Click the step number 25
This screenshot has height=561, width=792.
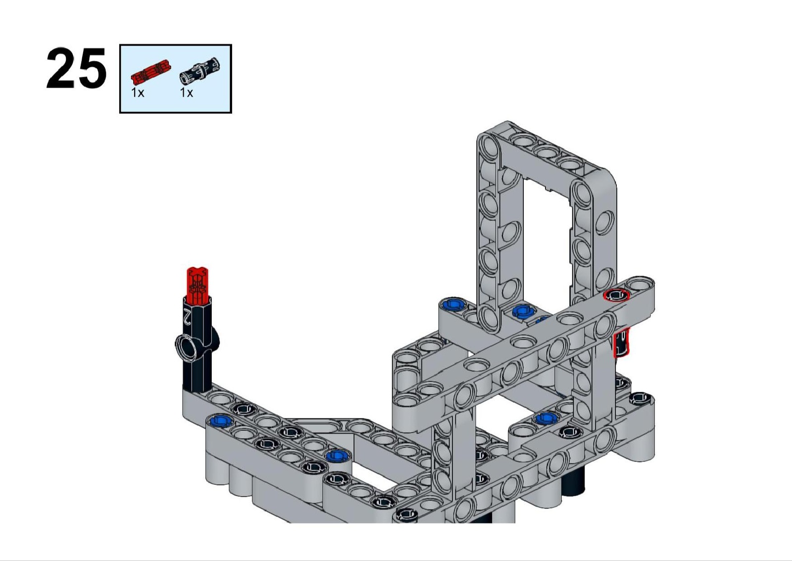76,68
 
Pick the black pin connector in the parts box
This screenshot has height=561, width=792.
200,71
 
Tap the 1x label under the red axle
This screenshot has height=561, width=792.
138,93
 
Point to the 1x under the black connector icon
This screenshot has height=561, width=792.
186,93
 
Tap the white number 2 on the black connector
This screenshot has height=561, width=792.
187,316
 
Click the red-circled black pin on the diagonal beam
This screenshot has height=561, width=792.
616,295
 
